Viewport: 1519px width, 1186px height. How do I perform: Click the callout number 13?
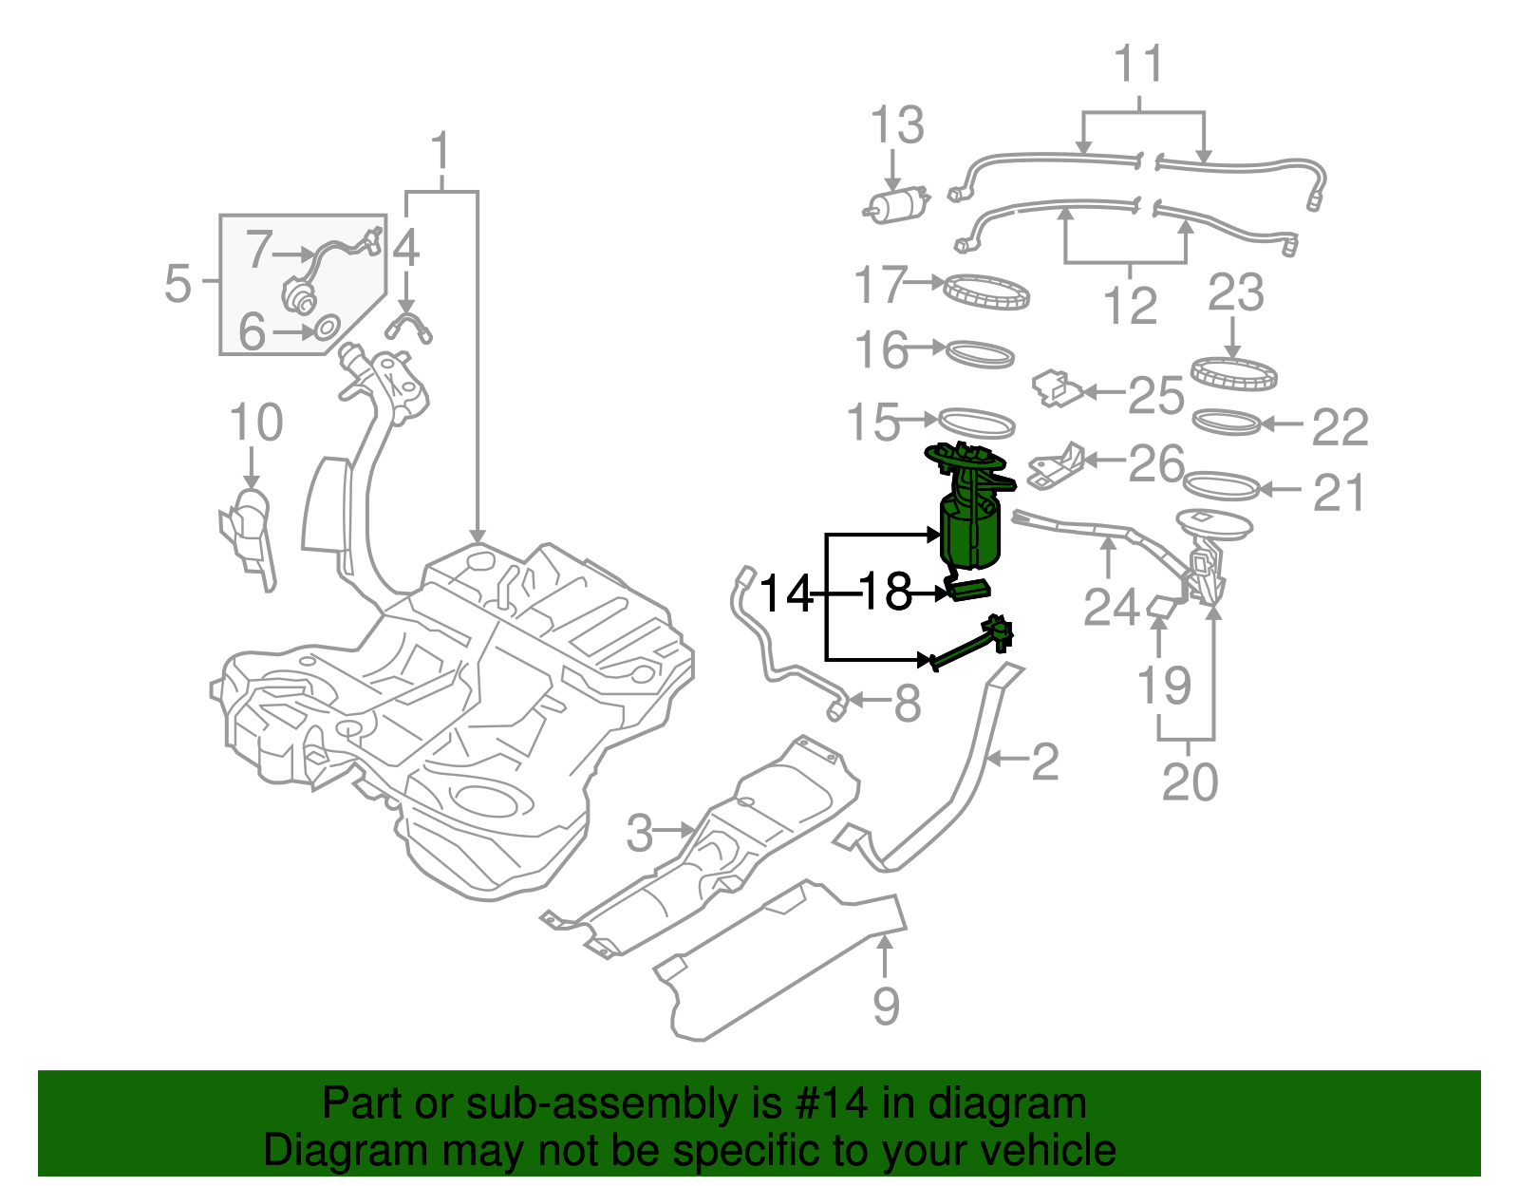coord(897,125)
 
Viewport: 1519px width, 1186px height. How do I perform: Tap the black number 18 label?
coord(885,593)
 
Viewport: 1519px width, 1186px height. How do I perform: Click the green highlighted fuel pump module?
coord(970,532)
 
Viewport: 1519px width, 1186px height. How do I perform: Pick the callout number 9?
coord(885,1006)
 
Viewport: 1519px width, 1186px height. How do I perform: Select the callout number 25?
coord(1155,394)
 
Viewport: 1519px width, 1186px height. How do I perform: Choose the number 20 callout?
coord(1189,782)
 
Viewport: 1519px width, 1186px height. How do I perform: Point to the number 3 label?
coord(640,833)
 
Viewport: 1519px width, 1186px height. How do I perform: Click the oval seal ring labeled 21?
coord(1223,486)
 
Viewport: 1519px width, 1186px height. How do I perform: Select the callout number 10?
coord(255,423)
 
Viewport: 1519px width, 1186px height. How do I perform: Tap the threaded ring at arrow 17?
coord(987,291)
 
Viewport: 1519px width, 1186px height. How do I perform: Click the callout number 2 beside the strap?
coord(1044,762)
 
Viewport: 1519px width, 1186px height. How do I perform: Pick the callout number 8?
coord(908,704)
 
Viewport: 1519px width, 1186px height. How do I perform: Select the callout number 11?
coord(1137,65)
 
